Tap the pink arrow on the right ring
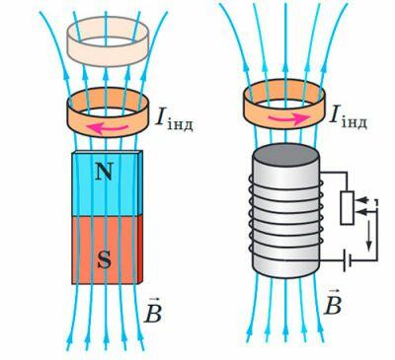click(285, 119)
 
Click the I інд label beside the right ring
click(349, 116)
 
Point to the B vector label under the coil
click(333, 302)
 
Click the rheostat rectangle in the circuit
click(347, 208)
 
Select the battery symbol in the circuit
click(347, 260)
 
